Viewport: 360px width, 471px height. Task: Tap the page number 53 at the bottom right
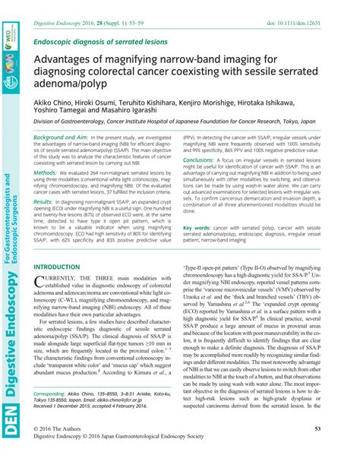(x=339, y=450)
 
